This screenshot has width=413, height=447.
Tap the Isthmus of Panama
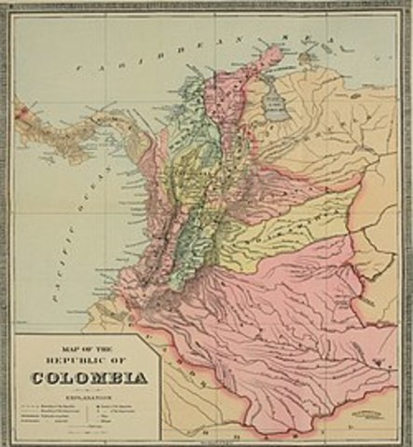click(89, 130)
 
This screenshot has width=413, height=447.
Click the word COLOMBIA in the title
click(88, 379)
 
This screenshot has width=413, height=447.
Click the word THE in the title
click(103, 350)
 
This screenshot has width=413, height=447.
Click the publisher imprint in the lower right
click(353, 407)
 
